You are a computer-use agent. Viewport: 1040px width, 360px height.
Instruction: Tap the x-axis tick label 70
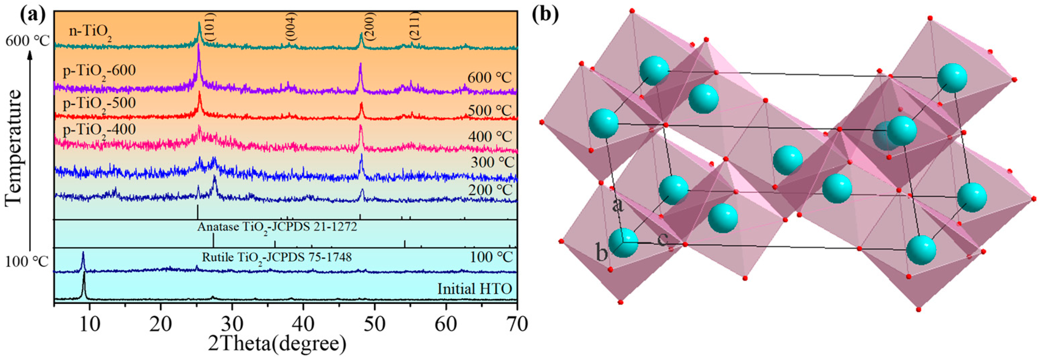[x=516, y=324]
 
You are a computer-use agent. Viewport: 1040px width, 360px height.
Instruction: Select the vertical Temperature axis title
[x=14, y=148]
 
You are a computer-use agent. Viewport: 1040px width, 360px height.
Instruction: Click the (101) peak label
[x=210, y=27]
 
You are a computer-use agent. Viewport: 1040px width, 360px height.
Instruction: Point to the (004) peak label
[x=291, y=27]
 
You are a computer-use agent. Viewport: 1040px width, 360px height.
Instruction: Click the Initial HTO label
[x=474, y=289]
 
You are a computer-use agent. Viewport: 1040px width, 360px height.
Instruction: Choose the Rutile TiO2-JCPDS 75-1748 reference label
[x=277, y=257]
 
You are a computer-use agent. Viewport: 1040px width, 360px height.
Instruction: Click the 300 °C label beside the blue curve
[x=492, y=163]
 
